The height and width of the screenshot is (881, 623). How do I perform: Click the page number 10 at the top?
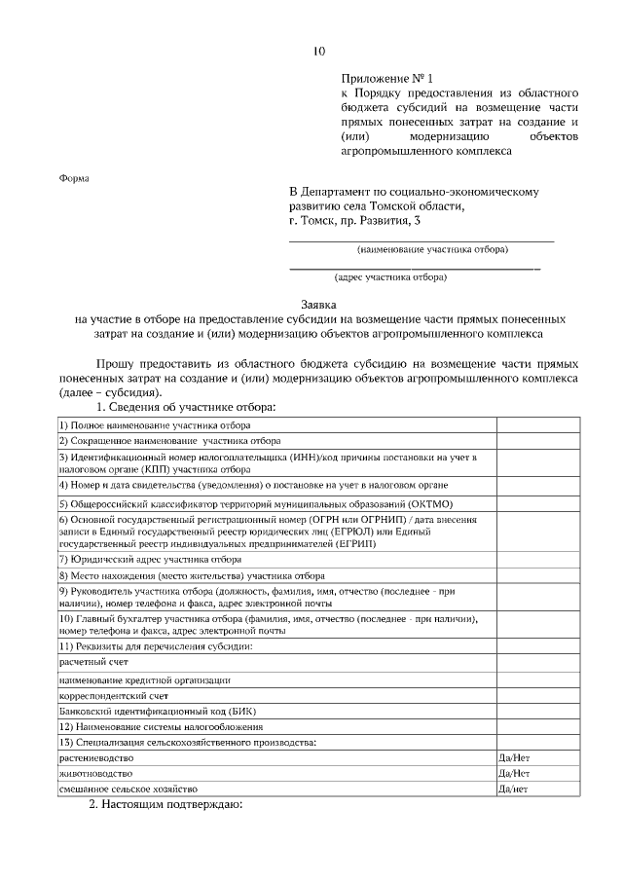[x=318, y=52]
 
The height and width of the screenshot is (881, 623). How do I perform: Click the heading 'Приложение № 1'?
[x=385, y=77]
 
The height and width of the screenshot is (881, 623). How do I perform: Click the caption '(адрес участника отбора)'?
[x=390, y=277]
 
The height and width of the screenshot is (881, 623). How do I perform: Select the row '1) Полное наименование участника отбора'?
[x=155, y=425]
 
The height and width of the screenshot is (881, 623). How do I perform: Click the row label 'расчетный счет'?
[x=93, y=661]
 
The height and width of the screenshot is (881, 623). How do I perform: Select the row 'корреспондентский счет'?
[x=114, y=695]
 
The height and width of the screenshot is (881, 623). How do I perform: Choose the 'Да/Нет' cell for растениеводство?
[x=514, y=756]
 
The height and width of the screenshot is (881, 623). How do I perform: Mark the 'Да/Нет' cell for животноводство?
[x=514, y=772]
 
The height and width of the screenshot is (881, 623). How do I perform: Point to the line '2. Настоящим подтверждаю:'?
[x=165, y=805]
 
